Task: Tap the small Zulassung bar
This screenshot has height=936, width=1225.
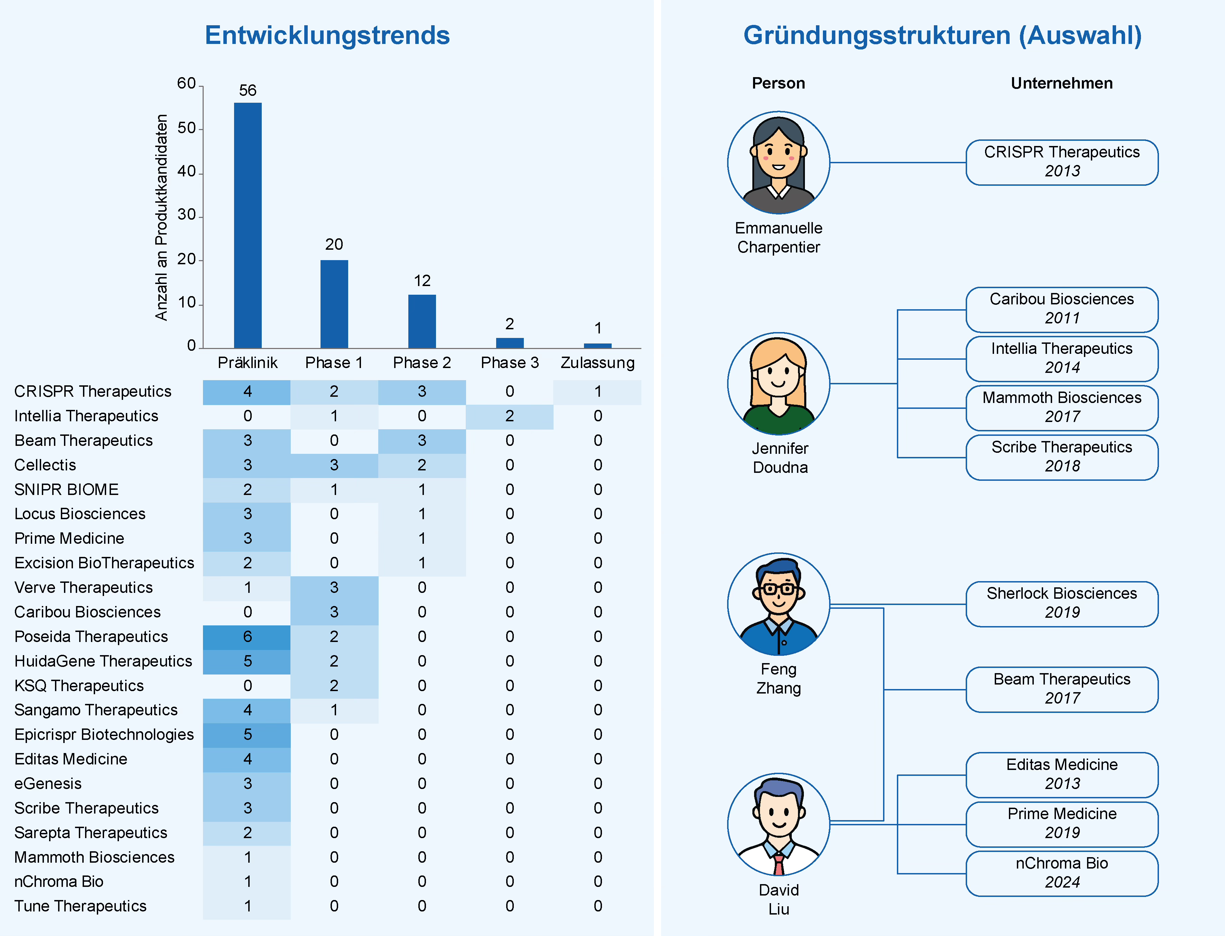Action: pos(597,346)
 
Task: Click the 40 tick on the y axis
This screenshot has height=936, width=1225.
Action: pos(187,172)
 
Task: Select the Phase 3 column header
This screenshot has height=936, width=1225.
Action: pos(510,363)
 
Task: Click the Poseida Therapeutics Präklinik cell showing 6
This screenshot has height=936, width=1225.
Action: pos(247,636)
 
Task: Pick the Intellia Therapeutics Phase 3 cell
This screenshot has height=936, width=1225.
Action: pos(510,416)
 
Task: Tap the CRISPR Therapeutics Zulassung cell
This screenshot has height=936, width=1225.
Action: pos(597,392)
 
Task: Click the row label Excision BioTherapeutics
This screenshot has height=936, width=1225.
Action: pos(104,563)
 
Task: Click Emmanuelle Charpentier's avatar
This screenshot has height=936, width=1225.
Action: pos(778,163)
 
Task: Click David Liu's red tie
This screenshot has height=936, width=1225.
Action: pos(778,865)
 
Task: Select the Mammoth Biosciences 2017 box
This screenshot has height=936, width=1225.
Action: pos(1062,407)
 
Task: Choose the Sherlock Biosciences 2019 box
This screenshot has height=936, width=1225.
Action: pos(1062,603)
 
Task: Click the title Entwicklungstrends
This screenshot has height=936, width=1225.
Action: pos(327,35)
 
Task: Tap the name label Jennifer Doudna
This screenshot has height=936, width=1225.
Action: pos(780,457)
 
